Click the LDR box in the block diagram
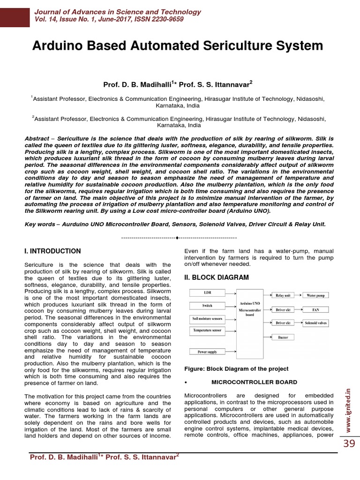tap(207, 293)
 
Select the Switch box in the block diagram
tap(207, 306)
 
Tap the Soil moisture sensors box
tap(207, 319)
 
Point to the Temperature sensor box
tap(207, 330)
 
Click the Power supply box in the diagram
tap(207, 352)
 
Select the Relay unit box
tap(283, 295)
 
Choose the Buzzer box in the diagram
tap(283, 337)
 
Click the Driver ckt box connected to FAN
tap(283, 310)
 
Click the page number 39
tap(349, 443)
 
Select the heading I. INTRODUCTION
tap(52, 251)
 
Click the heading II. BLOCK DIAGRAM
tap(217, 277)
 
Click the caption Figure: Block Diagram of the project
tap(236, 369)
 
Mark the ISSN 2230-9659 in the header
tap(158, 19)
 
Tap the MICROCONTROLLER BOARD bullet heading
tap(254, 382)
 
